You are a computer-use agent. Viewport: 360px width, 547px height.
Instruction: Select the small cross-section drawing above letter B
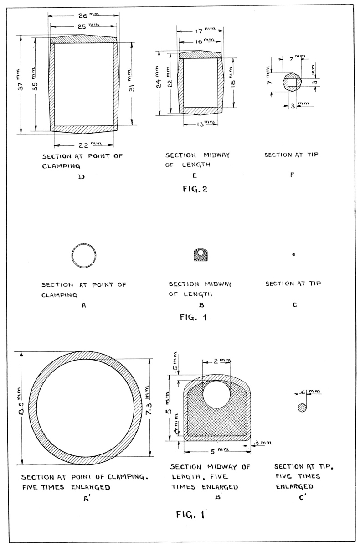point(201,255)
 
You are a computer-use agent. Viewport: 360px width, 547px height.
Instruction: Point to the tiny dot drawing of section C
point(293,254)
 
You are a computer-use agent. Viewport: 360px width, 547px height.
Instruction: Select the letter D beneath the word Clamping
point(82,177)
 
